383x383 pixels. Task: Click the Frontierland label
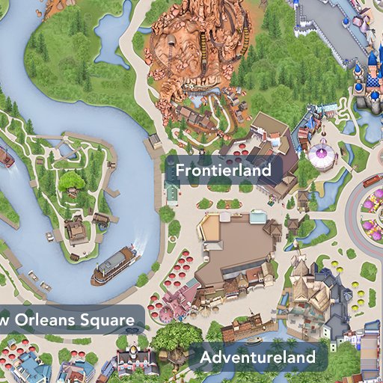click(x=223, y=171)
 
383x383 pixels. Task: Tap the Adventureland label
click(x=257, y=358)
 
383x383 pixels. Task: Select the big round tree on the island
click(x=73, y=180)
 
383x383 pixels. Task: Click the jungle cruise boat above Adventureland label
click(x=242, y=326)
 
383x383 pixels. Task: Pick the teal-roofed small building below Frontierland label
click(x=172, y=194)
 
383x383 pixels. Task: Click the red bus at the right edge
click(x=372, y=180)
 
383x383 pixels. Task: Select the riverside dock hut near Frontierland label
click(x=155, y=141)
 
